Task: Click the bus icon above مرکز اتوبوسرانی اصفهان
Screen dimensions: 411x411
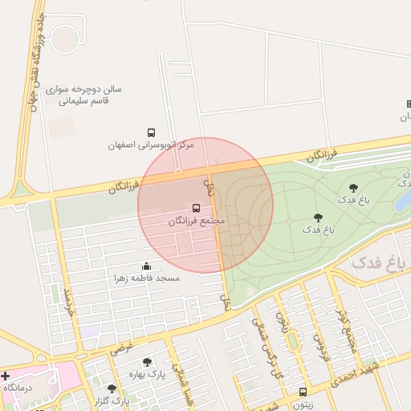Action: tap(151, 132)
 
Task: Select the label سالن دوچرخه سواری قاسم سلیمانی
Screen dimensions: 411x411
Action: tap(83, 96)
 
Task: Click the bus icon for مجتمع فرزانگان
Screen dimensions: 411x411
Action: tap(197, 208)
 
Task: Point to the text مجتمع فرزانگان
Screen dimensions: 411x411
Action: tap(197, 221)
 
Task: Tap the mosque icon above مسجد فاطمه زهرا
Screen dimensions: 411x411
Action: tap(146, 266)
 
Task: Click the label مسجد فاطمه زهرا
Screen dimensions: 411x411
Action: tap(146, 278)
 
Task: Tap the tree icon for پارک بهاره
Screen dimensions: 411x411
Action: tap(146, 363)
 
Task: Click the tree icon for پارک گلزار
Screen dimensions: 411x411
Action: tap(112, 389)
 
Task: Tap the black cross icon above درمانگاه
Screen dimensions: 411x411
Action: tap(5, 375)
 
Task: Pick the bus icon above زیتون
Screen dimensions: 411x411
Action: tap(302, 392)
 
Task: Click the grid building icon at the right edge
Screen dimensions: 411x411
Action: tap(407, 104)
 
